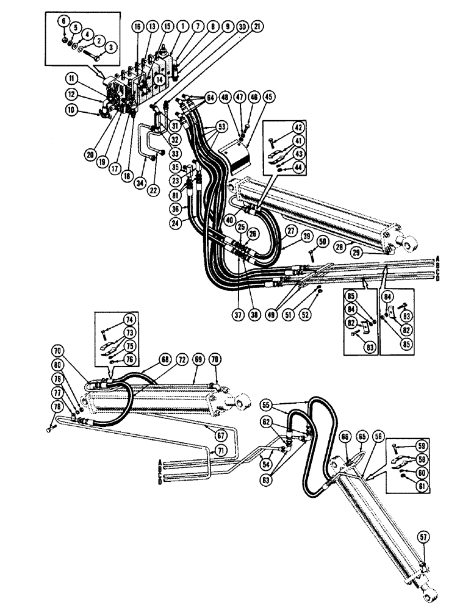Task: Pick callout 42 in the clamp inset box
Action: point(298,128)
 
